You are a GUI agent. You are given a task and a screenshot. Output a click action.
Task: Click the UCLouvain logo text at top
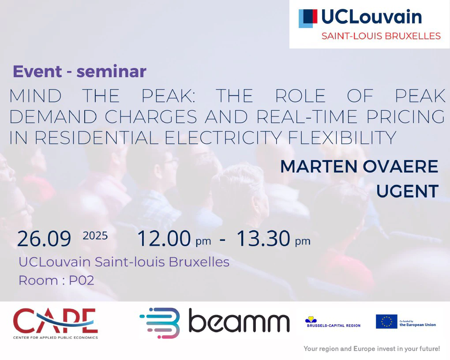click(371, 17)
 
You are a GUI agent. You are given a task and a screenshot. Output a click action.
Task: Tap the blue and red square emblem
click(308, 19)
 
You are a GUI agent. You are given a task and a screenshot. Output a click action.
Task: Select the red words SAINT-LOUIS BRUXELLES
click(381, 36)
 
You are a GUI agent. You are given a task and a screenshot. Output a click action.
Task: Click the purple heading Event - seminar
click(79, 71)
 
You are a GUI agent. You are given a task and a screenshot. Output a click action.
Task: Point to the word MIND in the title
click(36, 96)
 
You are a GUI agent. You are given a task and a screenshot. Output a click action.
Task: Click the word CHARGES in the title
click(151, 116)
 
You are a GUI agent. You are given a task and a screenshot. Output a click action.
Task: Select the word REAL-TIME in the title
click(307, 116)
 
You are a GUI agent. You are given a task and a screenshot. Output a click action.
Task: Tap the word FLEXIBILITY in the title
click(342, 138)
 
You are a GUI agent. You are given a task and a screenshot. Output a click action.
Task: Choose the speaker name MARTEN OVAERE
click(359, 166)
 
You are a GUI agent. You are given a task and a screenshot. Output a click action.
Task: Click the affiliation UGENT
click(408, 191)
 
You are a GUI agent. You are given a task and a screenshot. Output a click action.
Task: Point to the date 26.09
click(44, 239)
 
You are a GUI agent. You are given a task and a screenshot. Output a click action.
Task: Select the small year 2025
click(95, 236)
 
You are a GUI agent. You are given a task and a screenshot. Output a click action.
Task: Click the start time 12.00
click(164, 238)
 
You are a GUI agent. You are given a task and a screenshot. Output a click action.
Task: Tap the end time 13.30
click(263, 238)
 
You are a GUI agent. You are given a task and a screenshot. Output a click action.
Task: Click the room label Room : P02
click(56, 281)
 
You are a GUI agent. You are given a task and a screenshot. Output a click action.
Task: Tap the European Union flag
click(386, 322)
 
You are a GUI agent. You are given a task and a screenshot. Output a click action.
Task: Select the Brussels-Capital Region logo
click(334, 322)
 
